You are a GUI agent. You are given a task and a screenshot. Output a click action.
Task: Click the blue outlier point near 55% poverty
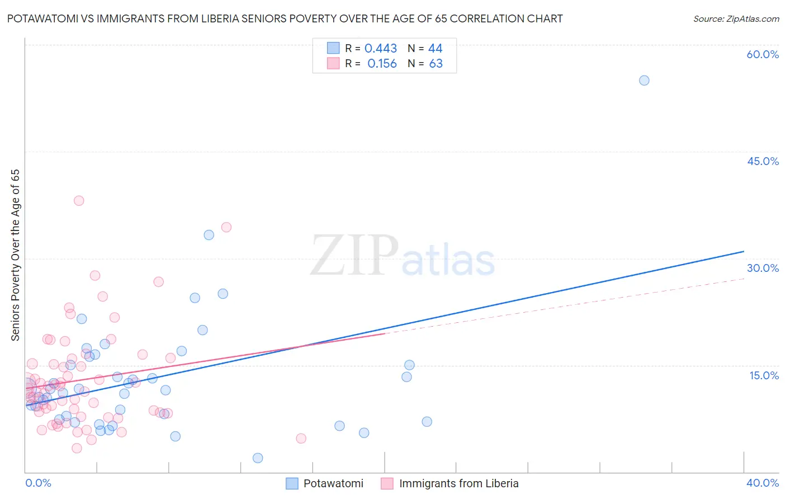tap(644, 80)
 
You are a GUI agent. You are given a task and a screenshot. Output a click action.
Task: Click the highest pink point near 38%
tap(79, 200)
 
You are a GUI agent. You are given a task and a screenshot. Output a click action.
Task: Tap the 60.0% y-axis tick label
tap(763, 54)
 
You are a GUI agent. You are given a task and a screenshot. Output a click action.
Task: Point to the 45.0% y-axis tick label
tap(763, 161)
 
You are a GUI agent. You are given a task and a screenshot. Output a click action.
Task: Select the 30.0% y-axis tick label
tap(763, 268)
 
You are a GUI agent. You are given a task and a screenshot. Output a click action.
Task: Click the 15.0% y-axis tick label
tap(764, 375)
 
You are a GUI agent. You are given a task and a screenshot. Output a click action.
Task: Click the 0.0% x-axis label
tap(38, 483)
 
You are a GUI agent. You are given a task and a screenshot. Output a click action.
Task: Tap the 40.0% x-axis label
tap(763, 483)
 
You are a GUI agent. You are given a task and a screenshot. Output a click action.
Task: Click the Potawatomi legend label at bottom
tap(333, 483)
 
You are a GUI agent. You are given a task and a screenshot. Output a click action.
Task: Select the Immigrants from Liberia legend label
tap(458, 483)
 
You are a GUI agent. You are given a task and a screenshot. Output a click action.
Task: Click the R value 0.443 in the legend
tap(381, 49)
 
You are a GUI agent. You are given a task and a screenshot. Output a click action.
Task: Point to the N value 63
tap(435, 64)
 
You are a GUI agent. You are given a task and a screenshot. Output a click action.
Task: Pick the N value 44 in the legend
tap(435, 49)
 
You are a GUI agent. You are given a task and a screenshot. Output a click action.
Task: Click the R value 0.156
tap(382, 64)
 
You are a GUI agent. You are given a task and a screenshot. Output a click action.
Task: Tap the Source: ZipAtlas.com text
tap(736, 18)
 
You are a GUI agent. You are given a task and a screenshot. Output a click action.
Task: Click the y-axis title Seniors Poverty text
tap(15, 255)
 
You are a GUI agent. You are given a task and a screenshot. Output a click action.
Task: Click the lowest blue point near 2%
tap(258, 458)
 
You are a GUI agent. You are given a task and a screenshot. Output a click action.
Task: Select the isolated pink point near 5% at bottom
tap(301, 438)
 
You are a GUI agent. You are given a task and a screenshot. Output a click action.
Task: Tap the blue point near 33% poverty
tap(209, 235)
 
